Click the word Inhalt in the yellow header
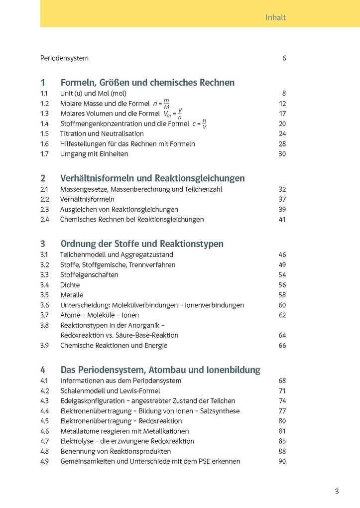[275, 17]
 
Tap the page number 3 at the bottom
[337, 492]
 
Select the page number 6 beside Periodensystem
[284, 58]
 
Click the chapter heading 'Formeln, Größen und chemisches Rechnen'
[147, 83]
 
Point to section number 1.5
[44, 133]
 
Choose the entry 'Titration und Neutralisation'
[102, 133]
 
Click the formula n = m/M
[161, 104]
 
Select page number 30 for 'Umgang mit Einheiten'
[282, 154]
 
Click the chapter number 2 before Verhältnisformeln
[43, 178]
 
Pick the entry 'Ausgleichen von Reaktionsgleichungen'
[119, 209]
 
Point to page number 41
[282, 219]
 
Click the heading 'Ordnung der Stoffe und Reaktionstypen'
[142, 244]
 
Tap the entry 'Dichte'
[70, 285]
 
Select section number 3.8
[45, 325]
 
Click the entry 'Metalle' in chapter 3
[72, 295]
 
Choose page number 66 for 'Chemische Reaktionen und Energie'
[282, 345]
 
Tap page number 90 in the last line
[282, 461]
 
